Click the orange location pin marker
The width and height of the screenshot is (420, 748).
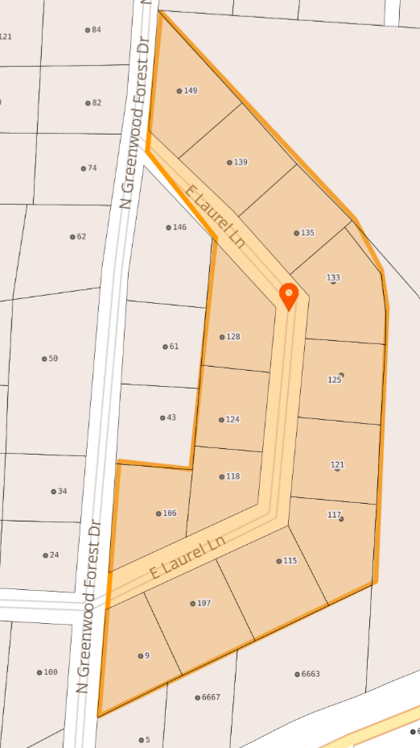click(288, 296)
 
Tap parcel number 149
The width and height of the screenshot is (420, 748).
click(190, 91)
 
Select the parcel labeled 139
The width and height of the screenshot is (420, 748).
click(240, 162)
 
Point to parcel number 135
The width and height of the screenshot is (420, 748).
click(307, 233)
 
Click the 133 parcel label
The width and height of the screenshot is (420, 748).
click(333, 278)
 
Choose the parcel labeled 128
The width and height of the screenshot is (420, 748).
click(233, 337)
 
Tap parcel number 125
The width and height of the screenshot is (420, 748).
click(335, 379)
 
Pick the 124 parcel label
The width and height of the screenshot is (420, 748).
click(233, 419)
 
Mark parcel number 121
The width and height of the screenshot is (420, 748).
click(337, 465)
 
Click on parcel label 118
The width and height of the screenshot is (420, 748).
click(233, 476)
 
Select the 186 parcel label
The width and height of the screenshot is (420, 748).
click(169, 513)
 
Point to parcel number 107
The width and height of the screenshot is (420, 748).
click(204, 603)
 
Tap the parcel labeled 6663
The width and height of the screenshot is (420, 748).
click(310, 674)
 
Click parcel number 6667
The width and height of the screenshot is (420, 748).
click(210, 697)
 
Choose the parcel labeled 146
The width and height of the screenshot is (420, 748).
click(179, 227)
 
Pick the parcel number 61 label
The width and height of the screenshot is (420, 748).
click(173, 347)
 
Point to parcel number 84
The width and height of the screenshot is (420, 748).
click(96, 30)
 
